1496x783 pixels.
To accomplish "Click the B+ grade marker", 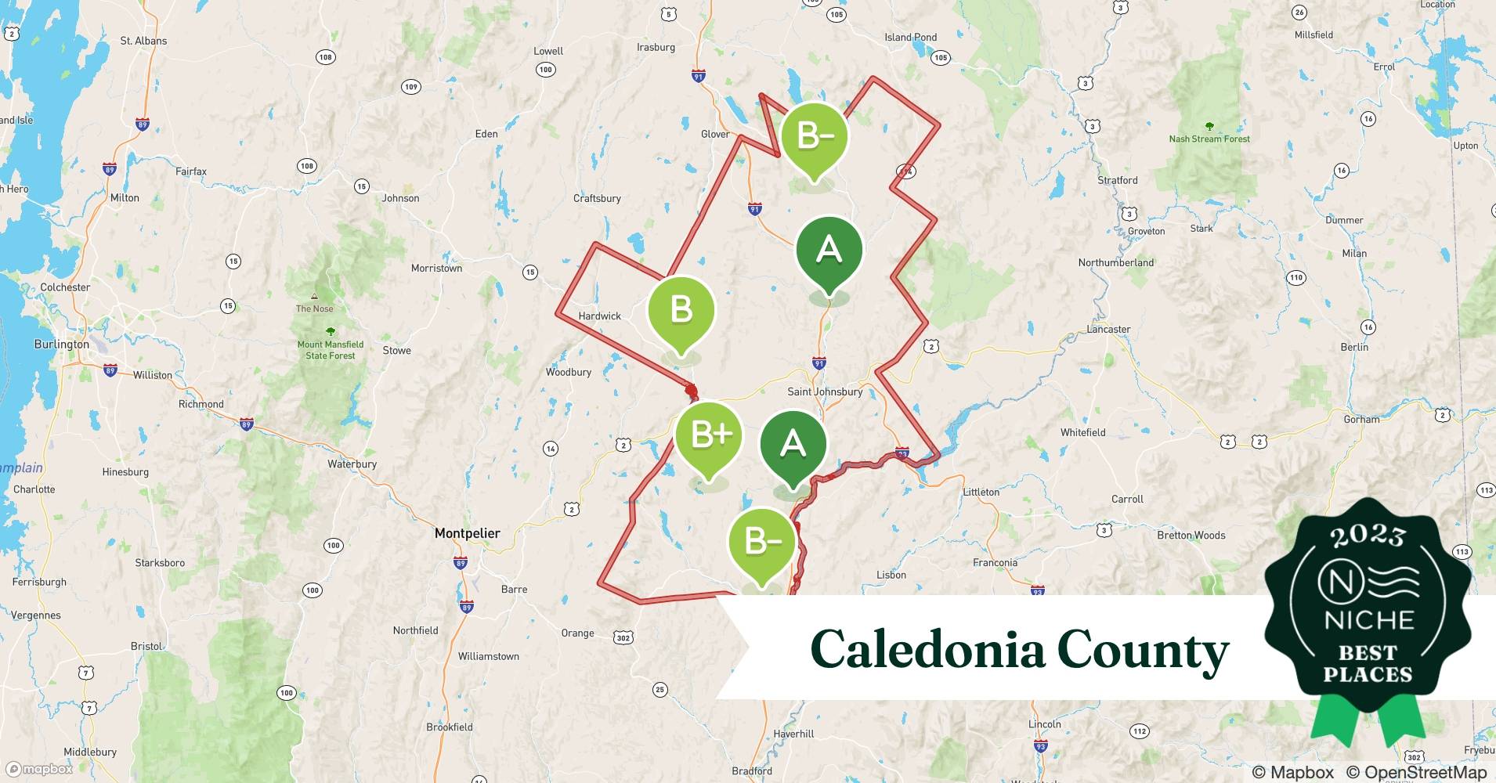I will (x=710, y=435).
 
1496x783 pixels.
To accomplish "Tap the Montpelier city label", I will (x=467, y=533).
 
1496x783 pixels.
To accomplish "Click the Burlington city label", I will (x=62, y=345).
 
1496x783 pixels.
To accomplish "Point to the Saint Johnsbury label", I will (x=825, y=391).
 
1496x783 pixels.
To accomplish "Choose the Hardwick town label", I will (x=599, y=316).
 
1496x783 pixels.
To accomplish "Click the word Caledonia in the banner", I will (x=927, y=651).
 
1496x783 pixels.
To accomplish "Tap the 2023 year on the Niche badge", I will (x=1368, y=536).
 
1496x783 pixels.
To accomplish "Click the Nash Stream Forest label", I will (x=1209, y=139).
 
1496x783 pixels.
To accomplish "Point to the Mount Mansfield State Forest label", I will (x=331, y=350).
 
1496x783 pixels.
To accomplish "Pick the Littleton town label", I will (x=981, y=493).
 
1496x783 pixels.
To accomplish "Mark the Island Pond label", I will (x=910, y=38).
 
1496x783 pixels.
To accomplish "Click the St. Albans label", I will (x=143, y=41).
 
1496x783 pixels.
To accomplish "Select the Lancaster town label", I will (x=1108, y=330).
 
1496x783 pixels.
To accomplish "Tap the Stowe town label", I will (x=396, y=351).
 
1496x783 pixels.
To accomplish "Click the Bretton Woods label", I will (x=1191, y=536).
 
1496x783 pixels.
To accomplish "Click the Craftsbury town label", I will (x=597, y=199).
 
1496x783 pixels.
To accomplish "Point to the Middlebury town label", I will (x=90, y=752).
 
